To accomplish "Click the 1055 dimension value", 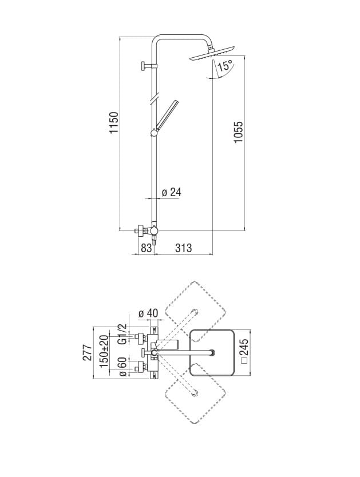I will (239, 132).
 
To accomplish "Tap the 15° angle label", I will (225, 66).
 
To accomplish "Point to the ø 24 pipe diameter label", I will (171, 192).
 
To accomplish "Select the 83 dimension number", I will (146, 248).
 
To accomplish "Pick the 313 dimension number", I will (183, 248).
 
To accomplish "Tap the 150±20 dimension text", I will (105, 352).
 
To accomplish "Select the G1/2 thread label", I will (121, 335).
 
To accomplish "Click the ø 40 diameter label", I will (148, 314).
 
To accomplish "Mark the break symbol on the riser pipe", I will (153, 100).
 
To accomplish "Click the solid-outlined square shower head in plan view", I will (212, 353).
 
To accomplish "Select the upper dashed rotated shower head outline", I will (195, 309).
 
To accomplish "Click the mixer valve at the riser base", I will (150, 231).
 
